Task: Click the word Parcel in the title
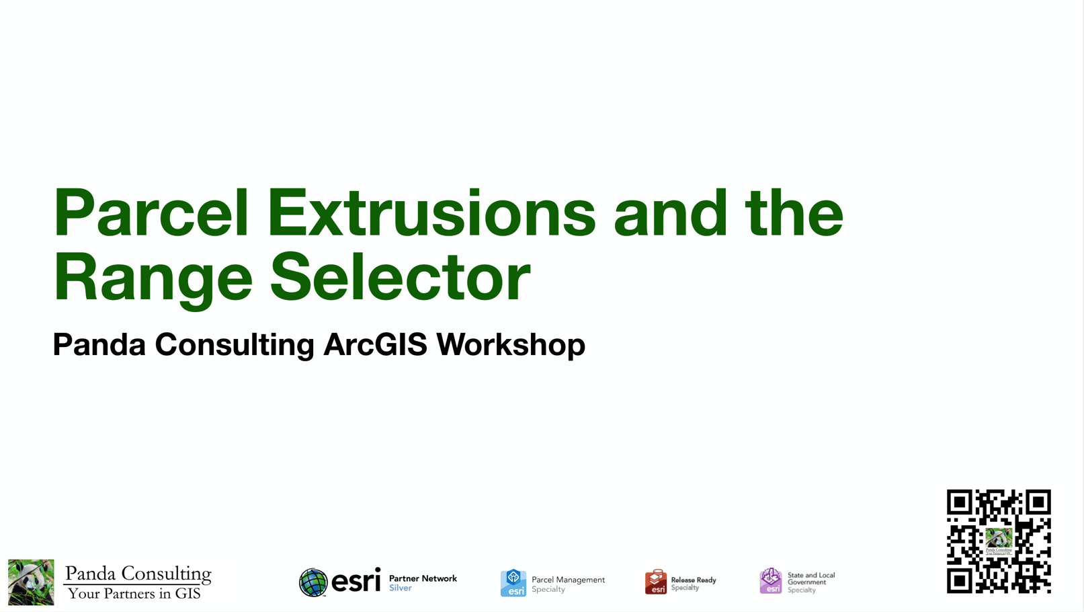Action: (151, 214)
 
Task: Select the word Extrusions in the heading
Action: (431, 214)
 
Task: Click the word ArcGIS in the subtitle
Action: (375, 344)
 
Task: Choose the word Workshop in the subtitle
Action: (511, 344)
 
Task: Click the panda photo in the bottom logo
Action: (31, 582)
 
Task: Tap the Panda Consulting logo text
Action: (138, 574)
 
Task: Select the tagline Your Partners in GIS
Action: (134, 594)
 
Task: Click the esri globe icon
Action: (313, 582)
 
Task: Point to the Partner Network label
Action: (423, 578)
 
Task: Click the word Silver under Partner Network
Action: (400, 588)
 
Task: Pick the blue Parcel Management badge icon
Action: (513, 583)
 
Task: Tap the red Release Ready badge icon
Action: (656, 582)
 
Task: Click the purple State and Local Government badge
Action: (771, 581)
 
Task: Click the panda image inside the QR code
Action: (999, 539)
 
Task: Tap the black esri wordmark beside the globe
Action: (356, 580)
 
